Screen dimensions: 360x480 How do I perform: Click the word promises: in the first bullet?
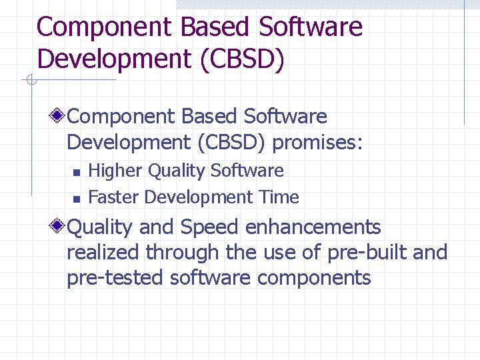pos(317,142)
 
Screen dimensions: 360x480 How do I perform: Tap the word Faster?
pos(114,197)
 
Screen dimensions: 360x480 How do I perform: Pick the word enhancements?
pos(313,227)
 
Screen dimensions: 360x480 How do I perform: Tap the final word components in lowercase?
pos(313,277)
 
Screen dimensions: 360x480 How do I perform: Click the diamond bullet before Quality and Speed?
pos(59,227)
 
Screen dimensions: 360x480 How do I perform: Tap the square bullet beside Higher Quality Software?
pos(76,172)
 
